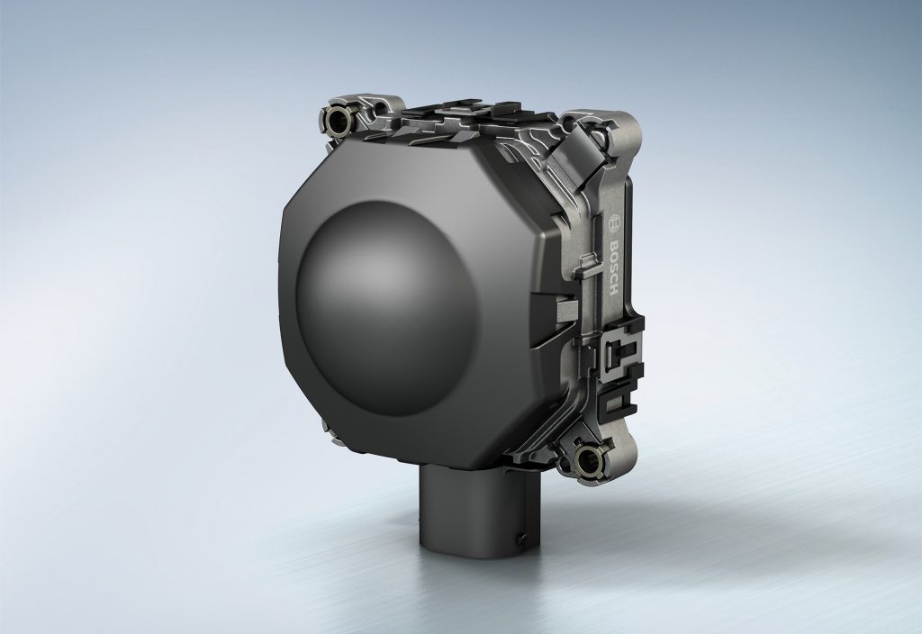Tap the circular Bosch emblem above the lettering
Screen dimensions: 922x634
tap(614, 224)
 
